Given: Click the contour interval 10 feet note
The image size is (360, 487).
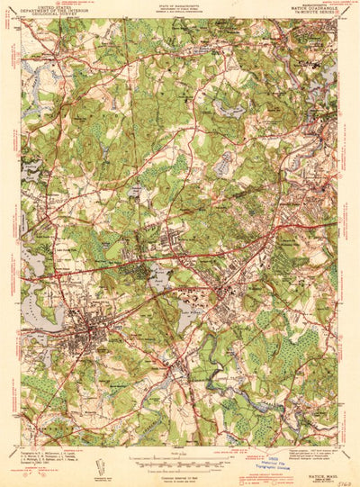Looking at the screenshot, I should [180, 468].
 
